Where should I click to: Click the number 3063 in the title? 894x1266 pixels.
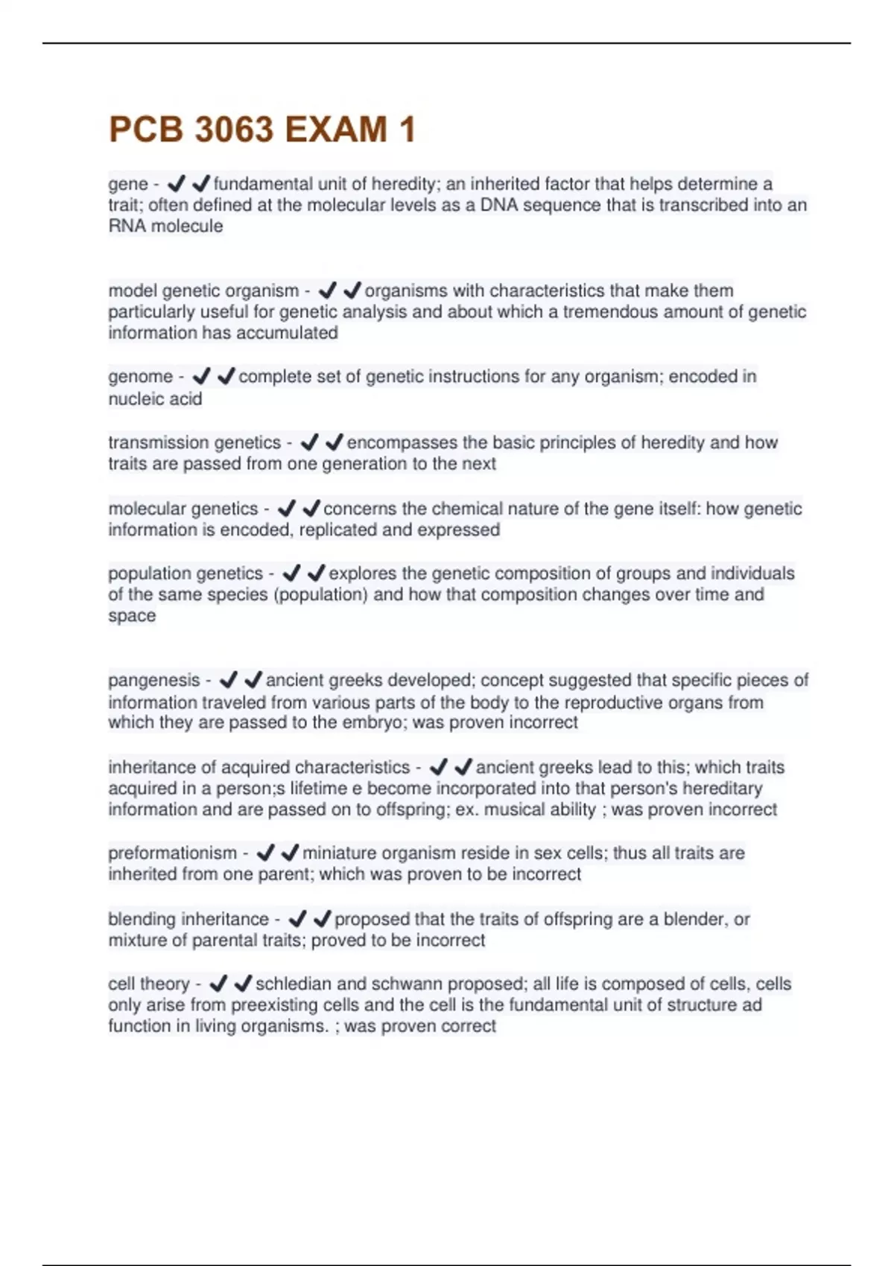[234, 130]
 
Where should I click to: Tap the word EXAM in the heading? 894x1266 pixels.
[335, 130]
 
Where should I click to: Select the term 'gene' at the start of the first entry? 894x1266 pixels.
[128, 184]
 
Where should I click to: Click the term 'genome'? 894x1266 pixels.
[140, 377]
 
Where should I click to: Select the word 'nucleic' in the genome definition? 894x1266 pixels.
[135, 399]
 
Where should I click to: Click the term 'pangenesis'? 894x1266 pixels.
[154, 680]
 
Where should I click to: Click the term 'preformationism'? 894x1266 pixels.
[172, 853]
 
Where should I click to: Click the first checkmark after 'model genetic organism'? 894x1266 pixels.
[326, 290]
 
